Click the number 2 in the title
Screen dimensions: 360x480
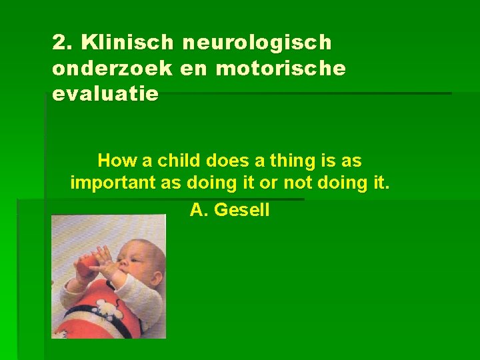click(61, 43)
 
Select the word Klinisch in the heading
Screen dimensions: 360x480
click(125, 43)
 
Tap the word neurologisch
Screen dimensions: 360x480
click(257, 43)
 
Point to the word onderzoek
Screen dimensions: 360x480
click(109, 69)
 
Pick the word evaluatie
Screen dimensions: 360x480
click(105, 94)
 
